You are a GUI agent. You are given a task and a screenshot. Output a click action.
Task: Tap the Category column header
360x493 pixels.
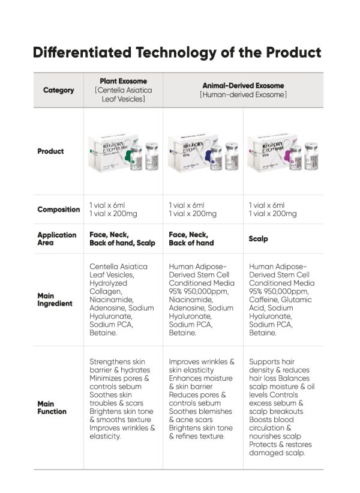point(58,90)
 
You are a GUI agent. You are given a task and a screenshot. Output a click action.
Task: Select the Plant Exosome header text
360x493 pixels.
point(123,81)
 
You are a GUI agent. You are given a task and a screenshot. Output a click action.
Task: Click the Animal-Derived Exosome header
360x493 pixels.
point(243,86)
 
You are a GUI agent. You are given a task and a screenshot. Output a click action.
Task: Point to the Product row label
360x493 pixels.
point(50,151)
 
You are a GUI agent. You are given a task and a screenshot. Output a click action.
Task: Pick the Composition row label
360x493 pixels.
point(58,210)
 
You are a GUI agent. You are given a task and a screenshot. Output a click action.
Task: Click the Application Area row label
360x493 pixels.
point(57,238)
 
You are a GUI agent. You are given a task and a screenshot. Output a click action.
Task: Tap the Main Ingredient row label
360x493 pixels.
point(55,300)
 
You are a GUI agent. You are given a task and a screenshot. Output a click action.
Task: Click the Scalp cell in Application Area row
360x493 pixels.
point(258,239)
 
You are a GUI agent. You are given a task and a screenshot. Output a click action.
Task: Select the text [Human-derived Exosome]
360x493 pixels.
point(243,95)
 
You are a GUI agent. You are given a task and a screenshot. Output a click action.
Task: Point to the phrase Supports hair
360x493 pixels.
point(271,362)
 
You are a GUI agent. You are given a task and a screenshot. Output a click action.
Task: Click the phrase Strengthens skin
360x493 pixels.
point(118,362)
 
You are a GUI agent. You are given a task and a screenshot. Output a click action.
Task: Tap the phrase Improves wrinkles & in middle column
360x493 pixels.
point(202,362)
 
